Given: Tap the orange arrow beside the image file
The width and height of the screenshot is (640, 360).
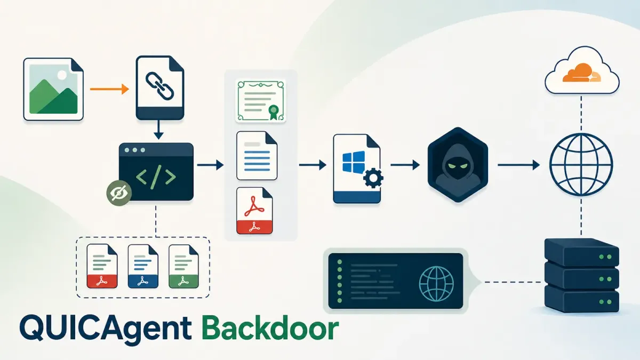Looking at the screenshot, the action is coord(109,89).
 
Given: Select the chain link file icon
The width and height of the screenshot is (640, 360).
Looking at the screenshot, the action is coord(159,87).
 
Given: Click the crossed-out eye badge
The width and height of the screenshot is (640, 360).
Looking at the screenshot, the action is coord(119,193).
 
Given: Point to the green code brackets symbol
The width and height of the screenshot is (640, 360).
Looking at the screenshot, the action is coord(156,177).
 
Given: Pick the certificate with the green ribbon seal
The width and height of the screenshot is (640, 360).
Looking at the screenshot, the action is coord(261,101).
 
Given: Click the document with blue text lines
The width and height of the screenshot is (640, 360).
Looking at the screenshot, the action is coord(257,156).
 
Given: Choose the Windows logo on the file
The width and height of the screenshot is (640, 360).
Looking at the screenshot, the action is coord(354,162).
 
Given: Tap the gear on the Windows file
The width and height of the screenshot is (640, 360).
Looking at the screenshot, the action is coord(373,178).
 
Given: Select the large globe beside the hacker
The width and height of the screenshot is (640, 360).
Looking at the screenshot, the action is coord(581,165).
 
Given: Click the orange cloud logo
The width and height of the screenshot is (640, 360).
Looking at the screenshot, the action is coord(581,73).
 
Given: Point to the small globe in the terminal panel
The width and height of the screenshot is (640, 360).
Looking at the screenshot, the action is coord(436,284).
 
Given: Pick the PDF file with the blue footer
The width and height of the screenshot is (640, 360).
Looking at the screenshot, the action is coord(143,266).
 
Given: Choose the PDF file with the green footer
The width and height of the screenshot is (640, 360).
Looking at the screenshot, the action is coord(183,266).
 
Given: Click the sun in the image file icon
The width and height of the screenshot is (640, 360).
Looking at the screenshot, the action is coord(62,75).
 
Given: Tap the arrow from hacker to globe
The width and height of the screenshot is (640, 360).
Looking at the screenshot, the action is coord(518,165).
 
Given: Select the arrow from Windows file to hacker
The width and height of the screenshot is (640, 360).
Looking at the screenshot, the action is coord(405,165).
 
